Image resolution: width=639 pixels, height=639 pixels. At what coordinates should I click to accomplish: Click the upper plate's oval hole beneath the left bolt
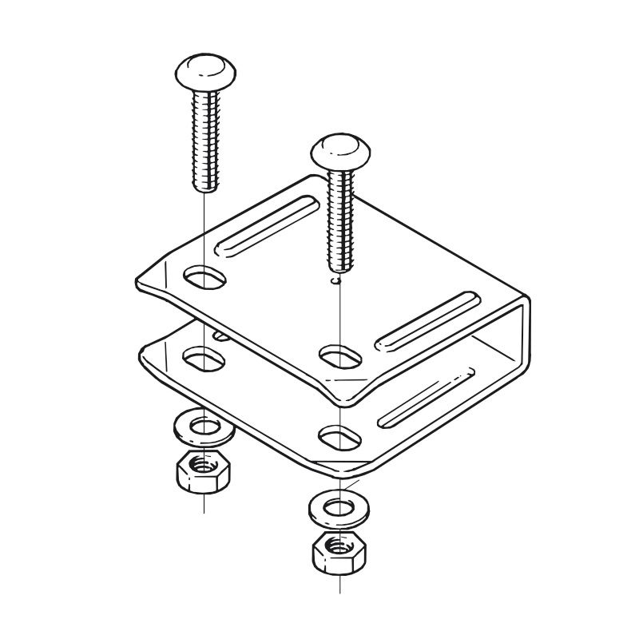pos(205,279)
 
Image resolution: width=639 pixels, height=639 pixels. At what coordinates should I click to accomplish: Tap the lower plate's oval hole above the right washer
pos(339,435)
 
